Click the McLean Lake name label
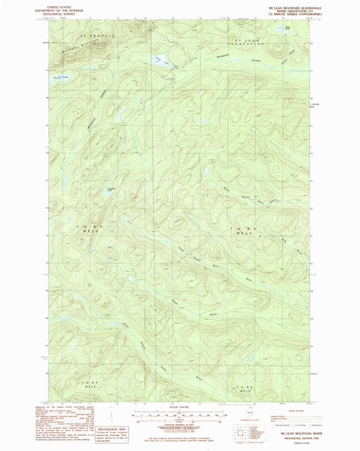tap(61, 78)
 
